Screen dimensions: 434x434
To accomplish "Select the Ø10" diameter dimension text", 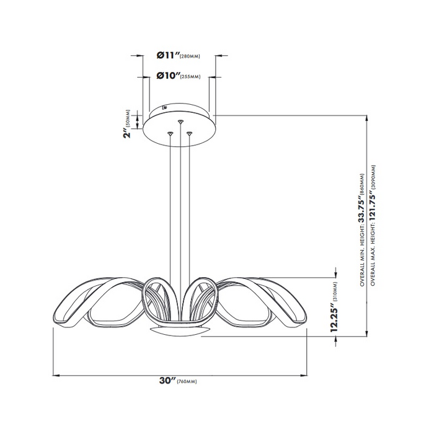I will click(166, 76).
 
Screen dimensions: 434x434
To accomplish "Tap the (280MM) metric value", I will click(190, 56).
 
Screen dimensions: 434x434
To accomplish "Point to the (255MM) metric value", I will click(190, 77).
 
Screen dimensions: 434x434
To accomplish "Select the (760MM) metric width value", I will click(187, 381).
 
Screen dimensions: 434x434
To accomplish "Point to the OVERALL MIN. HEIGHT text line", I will click(363, 226).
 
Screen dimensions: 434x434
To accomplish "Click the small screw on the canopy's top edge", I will click(165, 107).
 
